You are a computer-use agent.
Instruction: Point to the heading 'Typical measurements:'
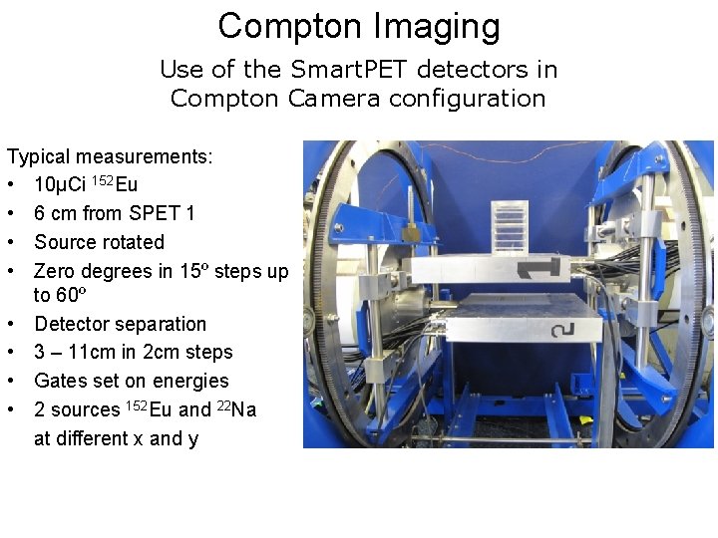[110, 156]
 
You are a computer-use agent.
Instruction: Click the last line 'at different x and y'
[116, 438]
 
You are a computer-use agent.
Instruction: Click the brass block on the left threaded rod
[408, 231]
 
